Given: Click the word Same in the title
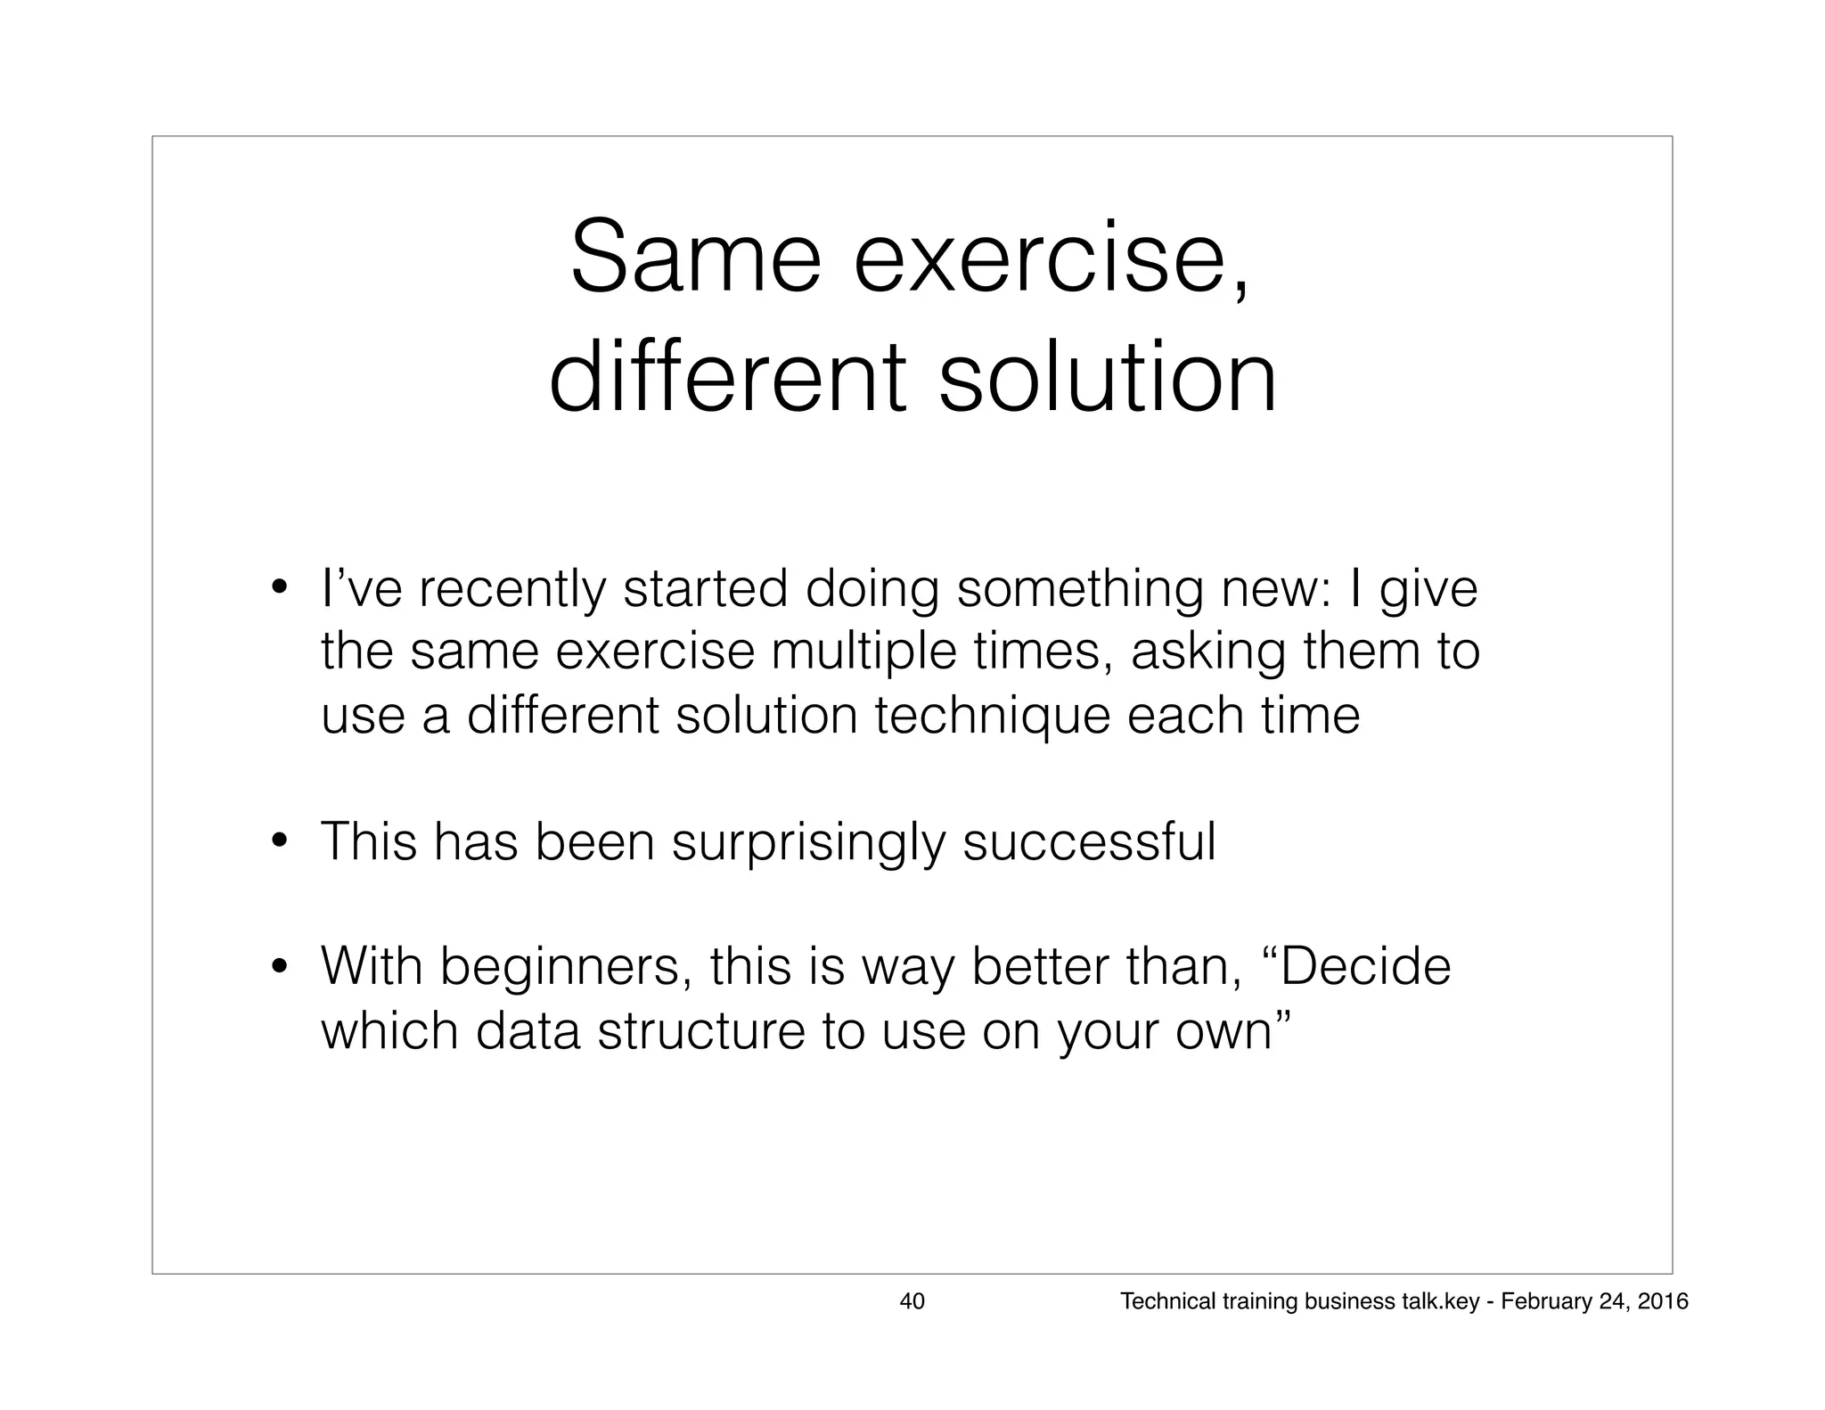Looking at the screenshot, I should pos(694,258).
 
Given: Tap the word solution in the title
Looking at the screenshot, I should pos(1108,379).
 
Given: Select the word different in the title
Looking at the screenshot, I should pos(727,379).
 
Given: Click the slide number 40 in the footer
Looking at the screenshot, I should pos(912,1301).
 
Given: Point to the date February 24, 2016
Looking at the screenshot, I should pos(1594,1301).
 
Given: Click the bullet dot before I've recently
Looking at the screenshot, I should pos(279,588).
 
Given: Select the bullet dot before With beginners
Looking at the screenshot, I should pos(279,966).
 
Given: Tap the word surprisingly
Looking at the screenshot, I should pos(807,842).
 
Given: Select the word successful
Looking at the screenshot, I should pos(1089,840).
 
